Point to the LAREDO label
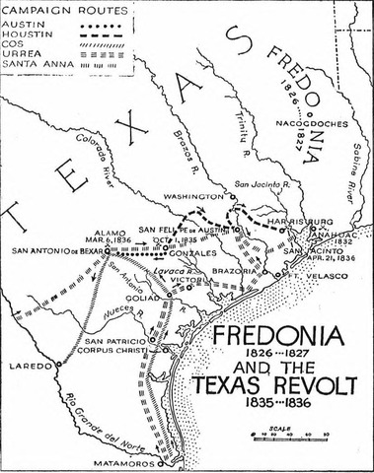[22, 366]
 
